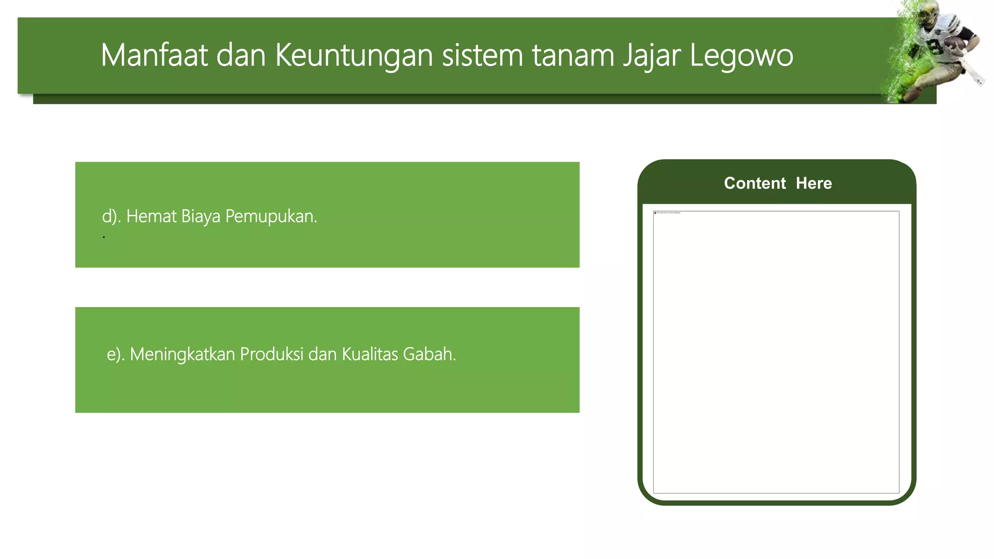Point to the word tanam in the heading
click(x=573, y=55)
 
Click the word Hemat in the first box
click(x=151, y=216)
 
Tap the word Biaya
click(x=200, y=216)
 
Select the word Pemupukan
click(x=271, y=216)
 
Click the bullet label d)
click(x=111, y=216)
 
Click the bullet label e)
click(x=116, y=354)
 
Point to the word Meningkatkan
click(x=182, y=355)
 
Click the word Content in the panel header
click(x=755, y=183)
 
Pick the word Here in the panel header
click(x=814, y=183)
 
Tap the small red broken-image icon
click(x=655, y=213)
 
